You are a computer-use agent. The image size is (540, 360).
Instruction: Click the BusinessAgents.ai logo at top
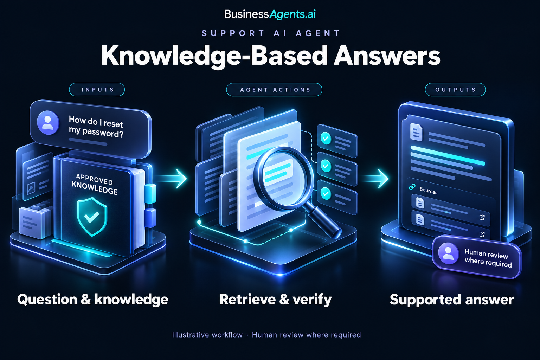click(x=270, y=14)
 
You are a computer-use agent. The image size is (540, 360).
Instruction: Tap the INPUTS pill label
click(x=97, y=90)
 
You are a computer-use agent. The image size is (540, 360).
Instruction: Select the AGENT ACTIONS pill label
click(x=274, y=90)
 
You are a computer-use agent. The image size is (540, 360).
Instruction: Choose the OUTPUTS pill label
click(x=455, y=90)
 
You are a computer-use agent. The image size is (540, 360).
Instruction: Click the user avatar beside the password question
click(x=48, y=123)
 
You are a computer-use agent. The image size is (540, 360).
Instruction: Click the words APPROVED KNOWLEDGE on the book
click(x=95, y=184)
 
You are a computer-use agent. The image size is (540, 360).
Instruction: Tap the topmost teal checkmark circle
click(x=326, y=139)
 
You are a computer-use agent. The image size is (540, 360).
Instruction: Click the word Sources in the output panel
click(x=429, y=191)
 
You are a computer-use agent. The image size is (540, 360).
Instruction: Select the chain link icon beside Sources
click(x=412, y=187)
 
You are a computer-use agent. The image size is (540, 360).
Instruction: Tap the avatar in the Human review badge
click(x=448, y=253)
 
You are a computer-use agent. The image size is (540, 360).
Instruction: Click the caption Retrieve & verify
click(x=276, y=300)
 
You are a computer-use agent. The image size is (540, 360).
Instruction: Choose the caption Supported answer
click(x=451, y=300)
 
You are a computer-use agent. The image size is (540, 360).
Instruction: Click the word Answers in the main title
click(x=387, y=56)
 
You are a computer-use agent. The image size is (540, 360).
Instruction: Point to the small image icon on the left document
click(x=31, y=188)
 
